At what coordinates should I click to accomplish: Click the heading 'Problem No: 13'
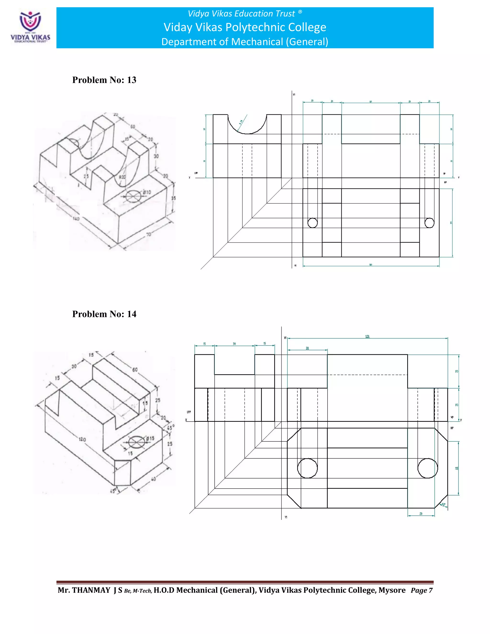(104, 80)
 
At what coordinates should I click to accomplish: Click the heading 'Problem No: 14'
(104, 314)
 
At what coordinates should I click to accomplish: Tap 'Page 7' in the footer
(421, 590)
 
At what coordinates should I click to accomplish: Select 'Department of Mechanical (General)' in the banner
(245, 42)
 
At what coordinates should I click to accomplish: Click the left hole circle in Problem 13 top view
(312, 223)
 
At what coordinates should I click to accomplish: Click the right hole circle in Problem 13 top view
(429, 223)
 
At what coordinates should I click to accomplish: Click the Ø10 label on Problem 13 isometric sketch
(147, 192)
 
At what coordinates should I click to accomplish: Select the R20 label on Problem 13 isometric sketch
(122, 177)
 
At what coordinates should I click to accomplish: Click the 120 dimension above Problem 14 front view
(367, 336)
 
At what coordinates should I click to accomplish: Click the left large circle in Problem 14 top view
(307, 468)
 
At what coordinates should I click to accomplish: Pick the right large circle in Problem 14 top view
(428, 468)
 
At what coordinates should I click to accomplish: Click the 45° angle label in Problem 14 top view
(443, 505)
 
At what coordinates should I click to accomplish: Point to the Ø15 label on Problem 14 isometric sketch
(150, 438)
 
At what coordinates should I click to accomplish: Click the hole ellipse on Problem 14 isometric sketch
(136, 442)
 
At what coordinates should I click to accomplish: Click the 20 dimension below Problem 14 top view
(421, 513)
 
